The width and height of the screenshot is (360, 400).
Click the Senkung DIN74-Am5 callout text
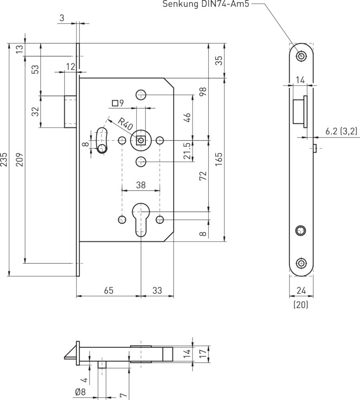(205, 4)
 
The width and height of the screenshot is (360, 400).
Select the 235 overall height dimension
(4, 160)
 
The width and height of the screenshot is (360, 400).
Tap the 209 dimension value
(20, 160)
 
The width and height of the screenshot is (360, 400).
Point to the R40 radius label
(126, 124)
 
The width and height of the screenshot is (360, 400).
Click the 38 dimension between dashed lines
(141, 185)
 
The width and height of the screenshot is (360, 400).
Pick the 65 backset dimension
(109, 290)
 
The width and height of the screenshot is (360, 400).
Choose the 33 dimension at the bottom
(157, 290)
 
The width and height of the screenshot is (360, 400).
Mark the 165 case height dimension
(219, 160)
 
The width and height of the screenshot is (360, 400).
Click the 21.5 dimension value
(187, 151)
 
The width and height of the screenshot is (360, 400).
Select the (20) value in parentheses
(301, 304)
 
